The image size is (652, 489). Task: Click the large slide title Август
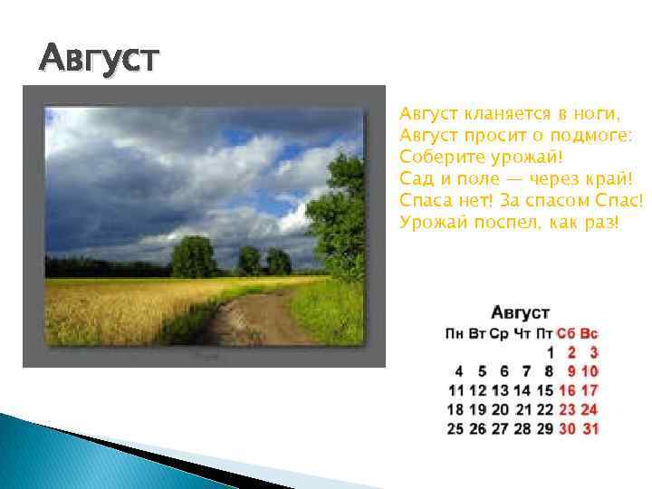point(99,59)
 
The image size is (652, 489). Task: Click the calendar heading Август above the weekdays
point(520,312)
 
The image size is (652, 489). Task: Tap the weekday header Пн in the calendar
point(455,334)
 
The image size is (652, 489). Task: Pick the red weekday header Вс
point(590,334)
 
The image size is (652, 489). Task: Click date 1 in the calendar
point(549,352)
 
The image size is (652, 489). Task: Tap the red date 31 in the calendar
point(590,428)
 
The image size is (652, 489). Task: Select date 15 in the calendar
point(544,390)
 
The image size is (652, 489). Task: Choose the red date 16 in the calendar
point(567,390)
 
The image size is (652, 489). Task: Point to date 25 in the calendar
point(455,428)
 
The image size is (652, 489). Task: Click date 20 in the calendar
point(500,409)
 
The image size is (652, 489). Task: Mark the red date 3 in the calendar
point(593,352)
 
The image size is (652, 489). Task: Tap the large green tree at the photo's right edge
point(340,217)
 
